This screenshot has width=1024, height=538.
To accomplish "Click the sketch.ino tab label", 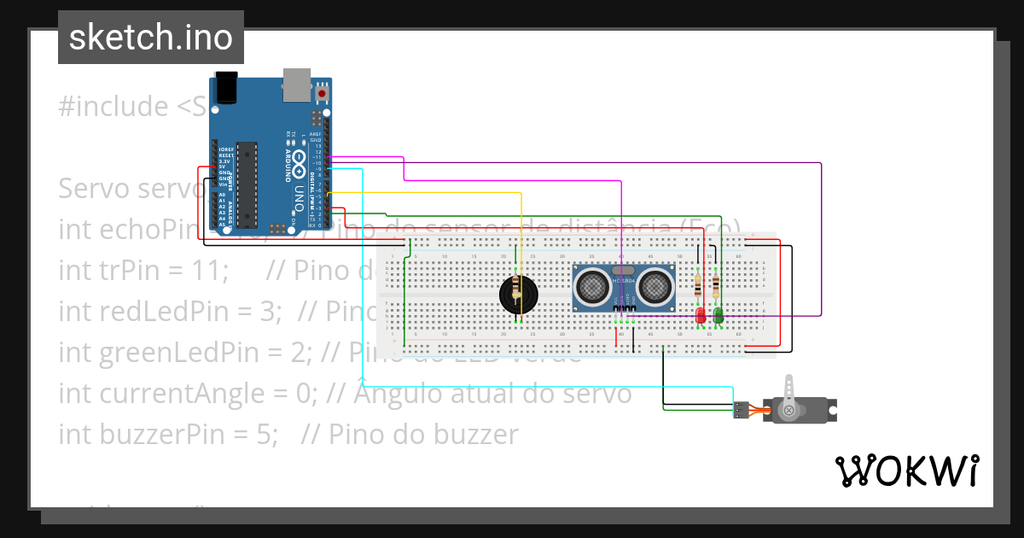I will (x=150, y=38).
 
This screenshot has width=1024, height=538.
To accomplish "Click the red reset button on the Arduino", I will (x=322, y=91).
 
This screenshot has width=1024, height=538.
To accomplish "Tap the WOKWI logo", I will (x=906, y=471).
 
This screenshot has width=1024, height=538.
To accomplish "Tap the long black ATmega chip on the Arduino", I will (x=247, y=184).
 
